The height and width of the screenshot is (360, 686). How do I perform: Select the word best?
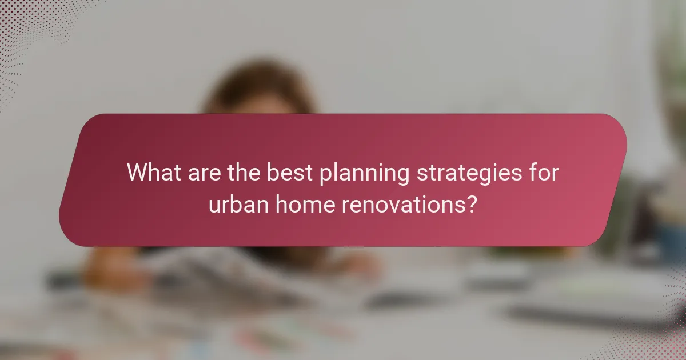[288, 173]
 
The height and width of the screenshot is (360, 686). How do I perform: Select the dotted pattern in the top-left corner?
[23, 23]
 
